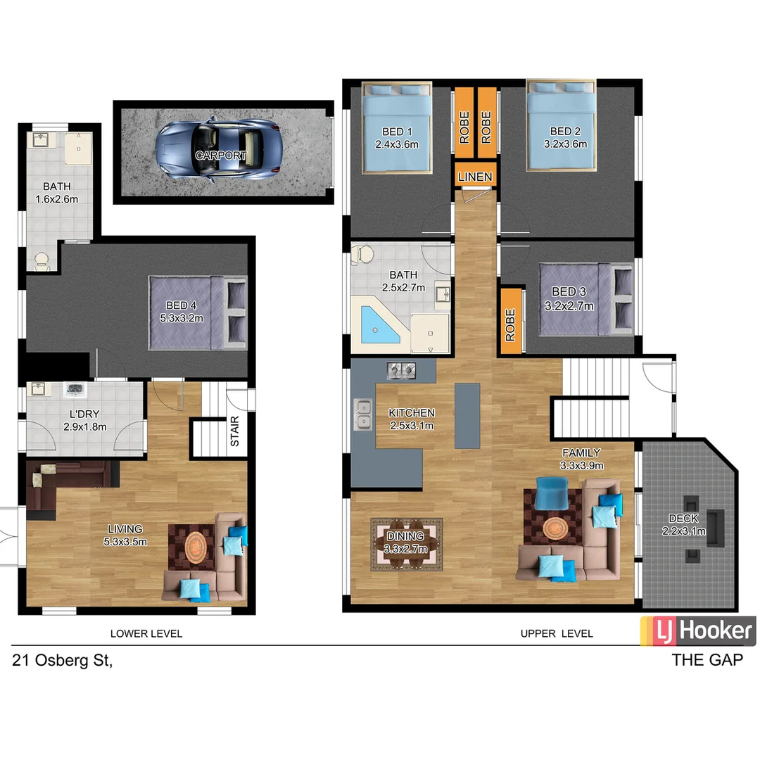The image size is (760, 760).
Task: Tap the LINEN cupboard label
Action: (475, 176)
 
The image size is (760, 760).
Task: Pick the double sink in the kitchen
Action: (363, 414)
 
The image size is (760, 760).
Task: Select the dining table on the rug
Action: (405, 543)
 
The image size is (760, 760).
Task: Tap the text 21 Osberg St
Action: (62, 661)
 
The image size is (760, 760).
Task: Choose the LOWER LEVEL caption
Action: (146, 633)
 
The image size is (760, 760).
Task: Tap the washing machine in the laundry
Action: (75, 389)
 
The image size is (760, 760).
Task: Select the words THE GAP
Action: (707, 660)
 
